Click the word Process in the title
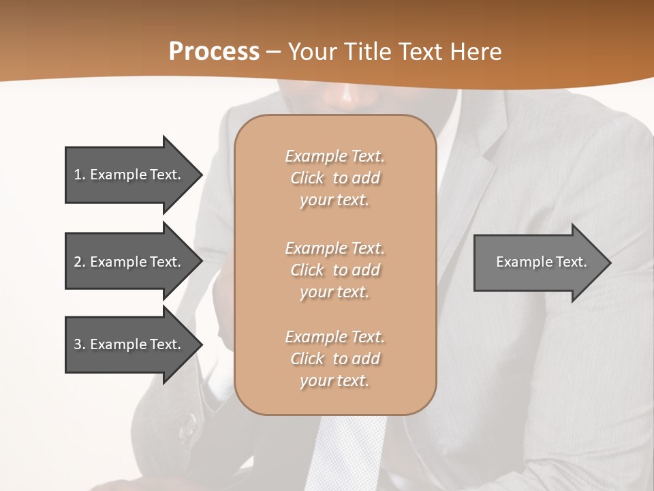[x=214, y=52]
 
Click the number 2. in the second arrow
[x=80, y=262]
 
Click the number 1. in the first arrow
[x=80, y=175]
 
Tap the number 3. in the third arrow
[x=80, y=344]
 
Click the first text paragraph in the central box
[x=334, y=178]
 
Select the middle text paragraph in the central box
[x=334, y=270]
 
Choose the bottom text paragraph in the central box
[x=334, y=359]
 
